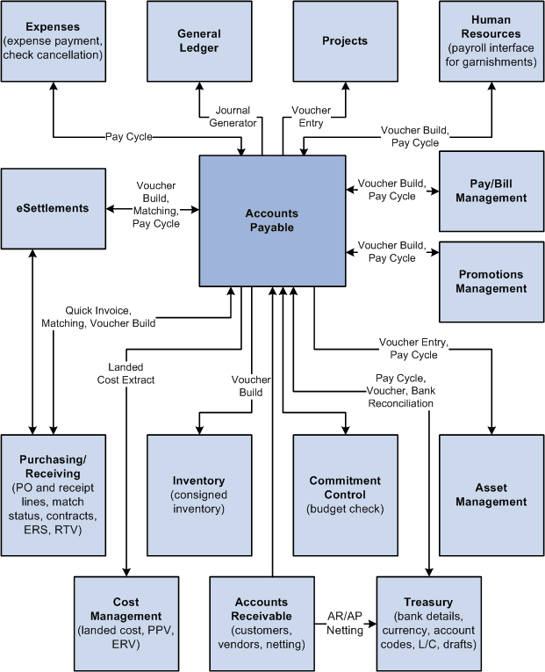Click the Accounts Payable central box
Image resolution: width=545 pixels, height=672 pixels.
[271, 220]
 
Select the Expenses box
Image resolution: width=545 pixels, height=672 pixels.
[53, 41]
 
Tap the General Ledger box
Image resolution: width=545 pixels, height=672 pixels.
[198, 41]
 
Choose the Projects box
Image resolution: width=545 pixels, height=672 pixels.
[345, 41]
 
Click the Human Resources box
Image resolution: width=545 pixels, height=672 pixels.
[491, 41]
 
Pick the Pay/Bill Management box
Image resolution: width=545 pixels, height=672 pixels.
[491, 191]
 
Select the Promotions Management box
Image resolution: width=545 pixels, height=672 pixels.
[491, 282]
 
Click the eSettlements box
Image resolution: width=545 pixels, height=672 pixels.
[53, 208]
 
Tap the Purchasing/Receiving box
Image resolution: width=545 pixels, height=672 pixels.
[53, 495]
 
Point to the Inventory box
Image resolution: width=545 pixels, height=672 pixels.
[198, 495]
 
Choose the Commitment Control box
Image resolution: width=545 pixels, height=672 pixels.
[345, 495]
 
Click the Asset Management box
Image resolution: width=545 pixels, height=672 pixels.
[491, 495]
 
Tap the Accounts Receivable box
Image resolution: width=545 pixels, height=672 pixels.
[262, 623]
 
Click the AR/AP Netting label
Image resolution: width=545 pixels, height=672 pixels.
[344, 624]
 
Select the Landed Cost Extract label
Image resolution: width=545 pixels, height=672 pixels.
[126, 373]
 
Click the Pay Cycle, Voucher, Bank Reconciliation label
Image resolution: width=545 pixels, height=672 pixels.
[399, 390]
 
